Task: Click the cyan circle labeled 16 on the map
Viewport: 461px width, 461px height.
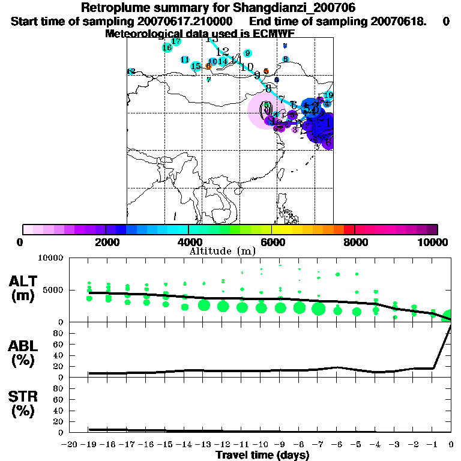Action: [x=167, y=47]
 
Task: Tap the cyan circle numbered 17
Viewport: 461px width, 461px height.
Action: [x=176, y=41]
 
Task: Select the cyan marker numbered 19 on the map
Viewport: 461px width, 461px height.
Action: [x=328, y=95]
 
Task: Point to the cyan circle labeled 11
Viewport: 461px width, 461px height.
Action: [x=185, y=59]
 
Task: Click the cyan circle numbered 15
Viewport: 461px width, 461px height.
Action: [x=196, y=66]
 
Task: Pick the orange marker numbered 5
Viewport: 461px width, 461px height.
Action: [x=266, y=71]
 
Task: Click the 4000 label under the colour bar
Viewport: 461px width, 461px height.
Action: [x=188, y=242]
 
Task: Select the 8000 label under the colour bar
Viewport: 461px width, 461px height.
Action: [x=355, y=242]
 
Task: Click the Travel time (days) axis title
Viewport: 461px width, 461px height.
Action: [x=262, y=455]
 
